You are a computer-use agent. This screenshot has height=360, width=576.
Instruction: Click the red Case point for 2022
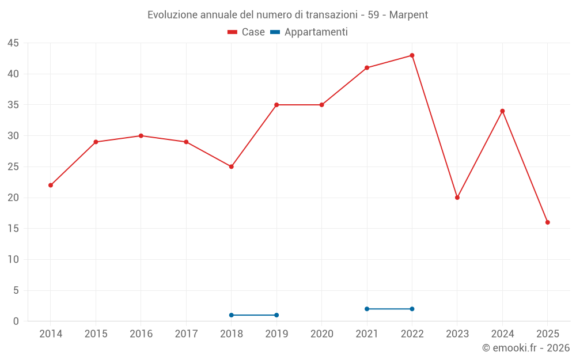pos(412,55)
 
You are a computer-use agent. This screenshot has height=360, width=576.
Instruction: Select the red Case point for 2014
pos(51,185)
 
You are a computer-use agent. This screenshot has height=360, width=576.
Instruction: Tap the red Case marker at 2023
pos(457,198)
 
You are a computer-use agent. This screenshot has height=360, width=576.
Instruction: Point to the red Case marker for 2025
pos(548,222)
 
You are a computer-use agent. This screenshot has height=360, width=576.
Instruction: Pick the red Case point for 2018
pos(232,166)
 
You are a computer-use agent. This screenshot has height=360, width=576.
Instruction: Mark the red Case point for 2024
pos(502,111)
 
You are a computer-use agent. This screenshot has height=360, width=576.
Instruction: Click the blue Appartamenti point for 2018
pos(232,315)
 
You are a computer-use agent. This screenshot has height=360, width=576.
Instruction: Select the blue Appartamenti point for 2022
pos(412,309)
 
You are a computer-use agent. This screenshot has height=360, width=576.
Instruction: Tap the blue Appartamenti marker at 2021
pos(367,309)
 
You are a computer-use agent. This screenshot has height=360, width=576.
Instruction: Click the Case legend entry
pos(247,32)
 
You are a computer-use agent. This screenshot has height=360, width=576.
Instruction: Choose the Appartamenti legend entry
pos(309,32)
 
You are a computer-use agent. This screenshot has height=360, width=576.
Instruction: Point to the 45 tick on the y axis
pos(13,43)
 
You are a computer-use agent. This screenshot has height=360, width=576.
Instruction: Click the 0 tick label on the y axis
pos(16,321)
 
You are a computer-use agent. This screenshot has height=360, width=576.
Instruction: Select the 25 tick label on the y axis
pos(13,167)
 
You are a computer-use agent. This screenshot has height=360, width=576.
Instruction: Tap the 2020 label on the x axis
pos(322,334)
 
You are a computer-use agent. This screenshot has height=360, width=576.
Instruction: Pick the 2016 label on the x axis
pos(141,334)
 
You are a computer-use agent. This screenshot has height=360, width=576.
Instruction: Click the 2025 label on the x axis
pos(548,334)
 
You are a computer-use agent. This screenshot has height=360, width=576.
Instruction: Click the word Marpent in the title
pos(408,15)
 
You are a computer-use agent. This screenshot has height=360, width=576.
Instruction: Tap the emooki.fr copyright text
pos(526,348)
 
